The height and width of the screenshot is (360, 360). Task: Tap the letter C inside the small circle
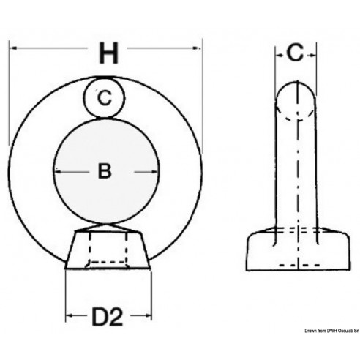(x=105, y=97)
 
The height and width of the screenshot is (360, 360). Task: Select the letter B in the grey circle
(x=105, y=172)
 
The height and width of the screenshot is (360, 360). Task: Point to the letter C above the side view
(x=295, y=52)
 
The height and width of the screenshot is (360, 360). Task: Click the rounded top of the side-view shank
(x=296, y=95)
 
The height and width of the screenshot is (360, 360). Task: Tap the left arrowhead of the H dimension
(x=13, y=47)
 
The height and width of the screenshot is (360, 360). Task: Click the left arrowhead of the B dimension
(x=58, y=173)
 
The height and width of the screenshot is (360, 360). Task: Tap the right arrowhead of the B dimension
(x=156, y=173)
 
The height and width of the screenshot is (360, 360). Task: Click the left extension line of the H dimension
(x=9, y=95)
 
